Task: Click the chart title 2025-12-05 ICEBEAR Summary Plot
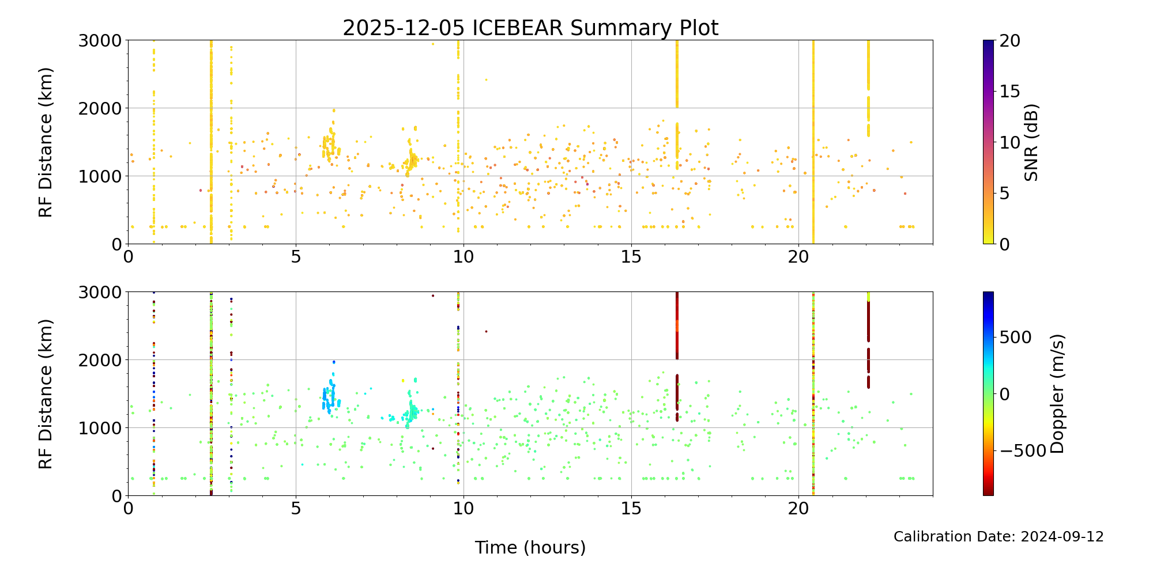[x=530, y=28]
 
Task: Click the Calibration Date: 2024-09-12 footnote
[x=998, y=537]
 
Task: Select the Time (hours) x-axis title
[x=530, y=547]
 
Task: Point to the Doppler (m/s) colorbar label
[x=1057, y=393]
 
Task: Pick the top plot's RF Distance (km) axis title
[x=46, y=142]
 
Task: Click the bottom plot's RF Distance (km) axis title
[x=46, y=394]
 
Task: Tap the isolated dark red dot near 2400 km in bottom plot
[x=486, y=331]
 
